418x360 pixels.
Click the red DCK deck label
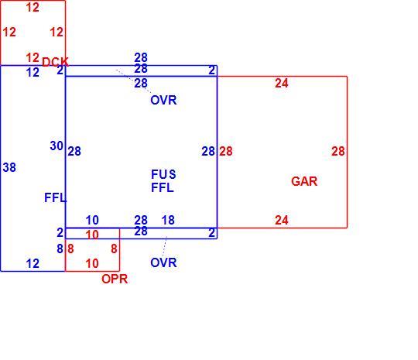[x=56, y=62]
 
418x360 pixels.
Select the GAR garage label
[x=304, y=182]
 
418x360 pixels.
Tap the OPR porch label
[x=115, y=279]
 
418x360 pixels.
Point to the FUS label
[x=163, y=174]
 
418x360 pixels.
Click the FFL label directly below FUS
[x=163, y=187]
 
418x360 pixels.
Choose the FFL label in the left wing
[x=56, y=198]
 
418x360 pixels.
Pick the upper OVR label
[x=163, y=101]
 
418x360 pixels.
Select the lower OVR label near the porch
[x=163, y=263]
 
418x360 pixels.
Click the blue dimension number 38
[x=9, y=168]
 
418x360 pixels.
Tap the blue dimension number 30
[x=57, y=146]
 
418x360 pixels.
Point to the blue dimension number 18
[x=168, y=221]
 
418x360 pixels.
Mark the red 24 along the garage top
[x=282, y=84]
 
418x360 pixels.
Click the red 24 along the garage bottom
[x=282, y=221]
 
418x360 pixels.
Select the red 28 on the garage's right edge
[x=338, y=152]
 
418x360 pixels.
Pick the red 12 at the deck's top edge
[x=33, y=8]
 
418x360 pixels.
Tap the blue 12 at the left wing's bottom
[x=33, y=264]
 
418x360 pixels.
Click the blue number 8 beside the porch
[x=60, y=249]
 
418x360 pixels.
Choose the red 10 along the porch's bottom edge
[x=92, y=264]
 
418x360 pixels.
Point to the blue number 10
[x=92, y=221]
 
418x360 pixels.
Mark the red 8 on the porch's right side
[x=114, y=249]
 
